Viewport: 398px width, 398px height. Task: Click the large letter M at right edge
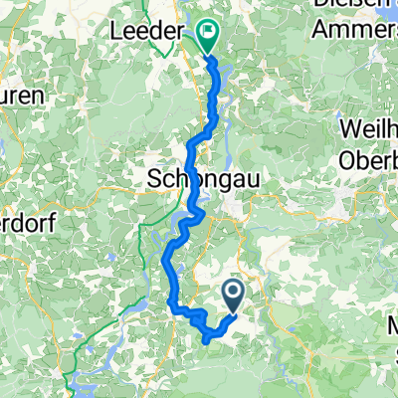click(391, 326)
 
